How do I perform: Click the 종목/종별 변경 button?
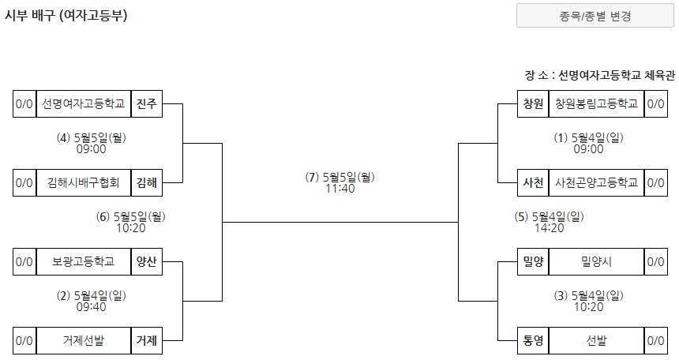(590, 16)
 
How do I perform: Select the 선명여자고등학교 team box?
(84, 104)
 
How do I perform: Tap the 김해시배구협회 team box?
(84, 183)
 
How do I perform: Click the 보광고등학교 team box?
(84, 262)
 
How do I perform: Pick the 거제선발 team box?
(84, 341)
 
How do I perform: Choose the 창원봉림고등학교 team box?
(595, 104)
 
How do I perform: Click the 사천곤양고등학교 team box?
(595, 183)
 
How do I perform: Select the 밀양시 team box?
(595, 262)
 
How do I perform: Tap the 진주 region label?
(147, 104)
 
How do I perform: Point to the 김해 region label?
(147, 183)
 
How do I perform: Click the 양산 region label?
(147, 262)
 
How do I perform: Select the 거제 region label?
(147, 341)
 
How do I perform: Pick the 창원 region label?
(533, 104)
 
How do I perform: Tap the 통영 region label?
(533, 341)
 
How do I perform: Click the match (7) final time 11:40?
(340, 189)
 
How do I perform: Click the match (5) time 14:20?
(549, 228)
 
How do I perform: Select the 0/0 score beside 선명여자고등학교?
(24, 104)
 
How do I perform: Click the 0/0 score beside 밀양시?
(655, 262)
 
